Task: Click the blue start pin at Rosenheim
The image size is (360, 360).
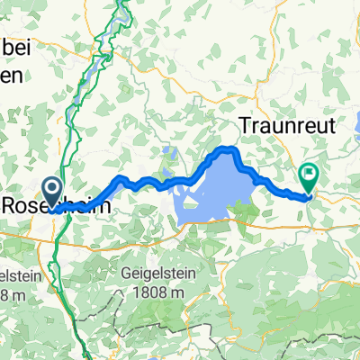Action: click(x=51, y=191)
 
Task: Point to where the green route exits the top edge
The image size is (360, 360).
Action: click(x=123, y=2)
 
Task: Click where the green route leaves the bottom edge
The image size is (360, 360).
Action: click(x=79, y=357)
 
